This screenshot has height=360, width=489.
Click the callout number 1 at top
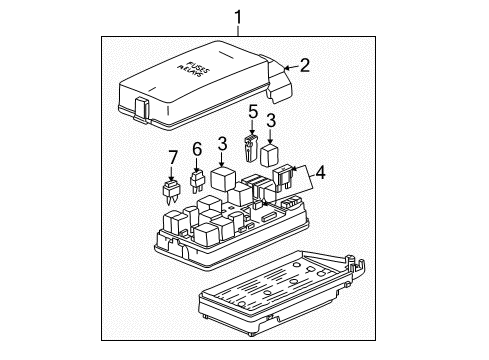tap(238, 17)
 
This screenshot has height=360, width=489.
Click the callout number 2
tap(305, 65)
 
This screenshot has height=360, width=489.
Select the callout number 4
tap(320, 173)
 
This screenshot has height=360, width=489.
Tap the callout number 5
tap(253, 112)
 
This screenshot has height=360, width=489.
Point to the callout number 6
tap(197, 149)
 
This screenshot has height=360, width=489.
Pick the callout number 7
tap(172, 157)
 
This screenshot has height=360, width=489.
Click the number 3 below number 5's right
tap(271, 120)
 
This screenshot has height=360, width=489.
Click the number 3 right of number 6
tap(222, 143)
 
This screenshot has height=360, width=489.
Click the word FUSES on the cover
tap(199, 67)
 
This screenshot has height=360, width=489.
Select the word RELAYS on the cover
tap(190, 72)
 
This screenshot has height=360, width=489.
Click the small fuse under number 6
tap(197, 182)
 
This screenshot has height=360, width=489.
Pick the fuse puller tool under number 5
tap(250, 149)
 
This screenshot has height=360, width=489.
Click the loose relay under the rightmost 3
tap(270, 155)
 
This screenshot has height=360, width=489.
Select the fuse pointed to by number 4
tap(283, 179)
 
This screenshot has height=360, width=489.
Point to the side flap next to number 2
tap(279, 80)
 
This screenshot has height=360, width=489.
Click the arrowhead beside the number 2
tap(287, 68)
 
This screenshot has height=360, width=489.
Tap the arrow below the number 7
tap(171, 173)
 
